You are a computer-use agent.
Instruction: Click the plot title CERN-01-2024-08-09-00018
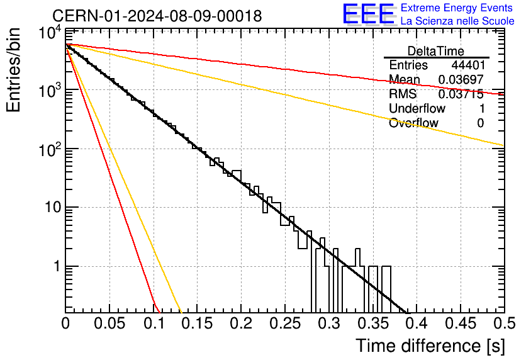(157, 16)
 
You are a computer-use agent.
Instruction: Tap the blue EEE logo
(369, 14)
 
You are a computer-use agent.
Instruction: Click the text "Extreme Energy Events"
(457, 8)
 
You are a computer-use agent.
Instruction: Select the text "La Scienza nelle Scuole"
(457, 21)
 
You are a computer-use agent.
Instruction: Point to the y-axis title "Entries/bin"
(13, 70)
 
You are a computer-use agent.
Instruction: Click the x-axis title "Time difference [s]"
(430, 346)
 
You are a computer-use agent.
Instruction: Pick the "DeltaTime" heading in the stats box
(436, 51)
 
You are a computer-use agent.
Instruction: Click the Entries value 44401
(468, 65)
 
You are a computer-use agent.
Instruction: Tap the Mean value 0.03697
(461, 79)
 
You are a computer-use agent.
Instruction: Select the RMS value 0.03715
(461, 94)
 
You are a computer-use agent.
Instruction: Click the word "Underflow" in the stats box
(417, 108)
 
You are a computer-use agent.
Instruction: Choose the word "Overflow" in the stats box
(413, 123)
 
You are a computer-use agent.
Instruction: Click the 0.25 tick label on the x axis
(285, 323)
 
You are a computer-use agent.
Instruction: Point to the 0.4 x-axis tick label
(417, 323)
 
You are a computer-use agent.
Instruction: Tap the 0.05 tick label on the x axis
(109, 323)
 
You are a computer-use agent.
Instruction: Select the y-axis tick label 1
(57, 266)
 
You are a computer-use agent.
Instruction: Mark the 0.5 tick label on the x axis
(505, 323)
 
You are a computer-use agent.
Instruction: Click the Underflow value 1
(482, 108)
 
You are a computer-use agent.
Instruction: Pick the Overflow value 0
(481, 123)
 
